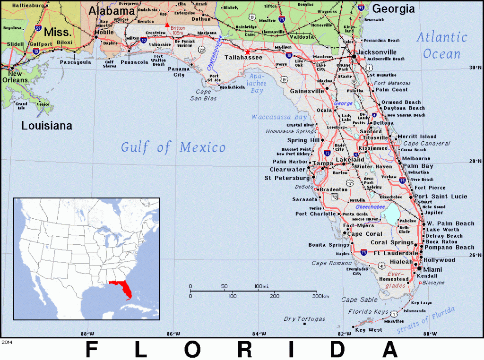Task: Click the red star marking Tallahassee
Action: pos(247,51)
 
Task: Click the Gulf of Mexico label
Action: pos(173,147)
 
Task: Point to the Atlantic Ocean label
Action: pos(441,45)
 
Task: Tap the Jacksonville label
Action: pos(377,52)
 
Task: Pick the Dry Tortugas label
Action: pos(304,319)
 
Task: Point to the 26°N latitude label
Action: pos(475,256)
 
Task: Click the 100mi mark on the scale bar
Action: pos(261,286)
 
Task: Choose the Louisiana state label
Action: pos(47,126)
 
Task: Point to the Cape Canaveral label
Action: pos(427,143)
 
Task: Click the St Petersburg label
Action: pos(286,178)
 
